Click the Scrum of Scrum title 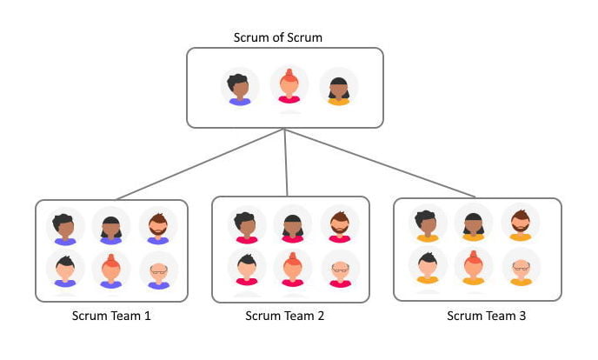pyautogui.click(x=279, y=37)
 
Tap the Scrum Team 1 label pyautogui.click(x=111, y=316)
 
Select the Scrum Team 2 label pyautogui.click(x=285, y=316)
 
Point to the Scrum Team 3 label pyautogui.click(x=486, y=316)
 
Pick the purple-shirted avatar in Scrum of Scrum pyautogui.click(x=240, y=88)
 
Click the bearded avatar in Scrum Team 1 pyautogui.click(x=158, y=227)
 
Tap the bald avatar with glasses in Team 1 pyautogui.click(x=158, y=272)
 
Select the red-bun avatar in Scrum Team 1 pyautogui.click(x=111, y=270)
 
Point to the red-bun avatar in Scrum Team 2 pyautogui.click(x=292, y=268)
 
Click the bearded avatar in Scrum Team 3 pyautogui.click(x=521, y=223)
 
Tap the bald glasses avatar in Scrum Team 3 pyautogui.click(x=521, y=268)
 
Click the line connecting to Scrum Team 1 pyautogui.click(x=200, y=164)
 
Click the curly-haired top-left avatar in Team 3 pyautogui.click(x=427, y=224)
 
